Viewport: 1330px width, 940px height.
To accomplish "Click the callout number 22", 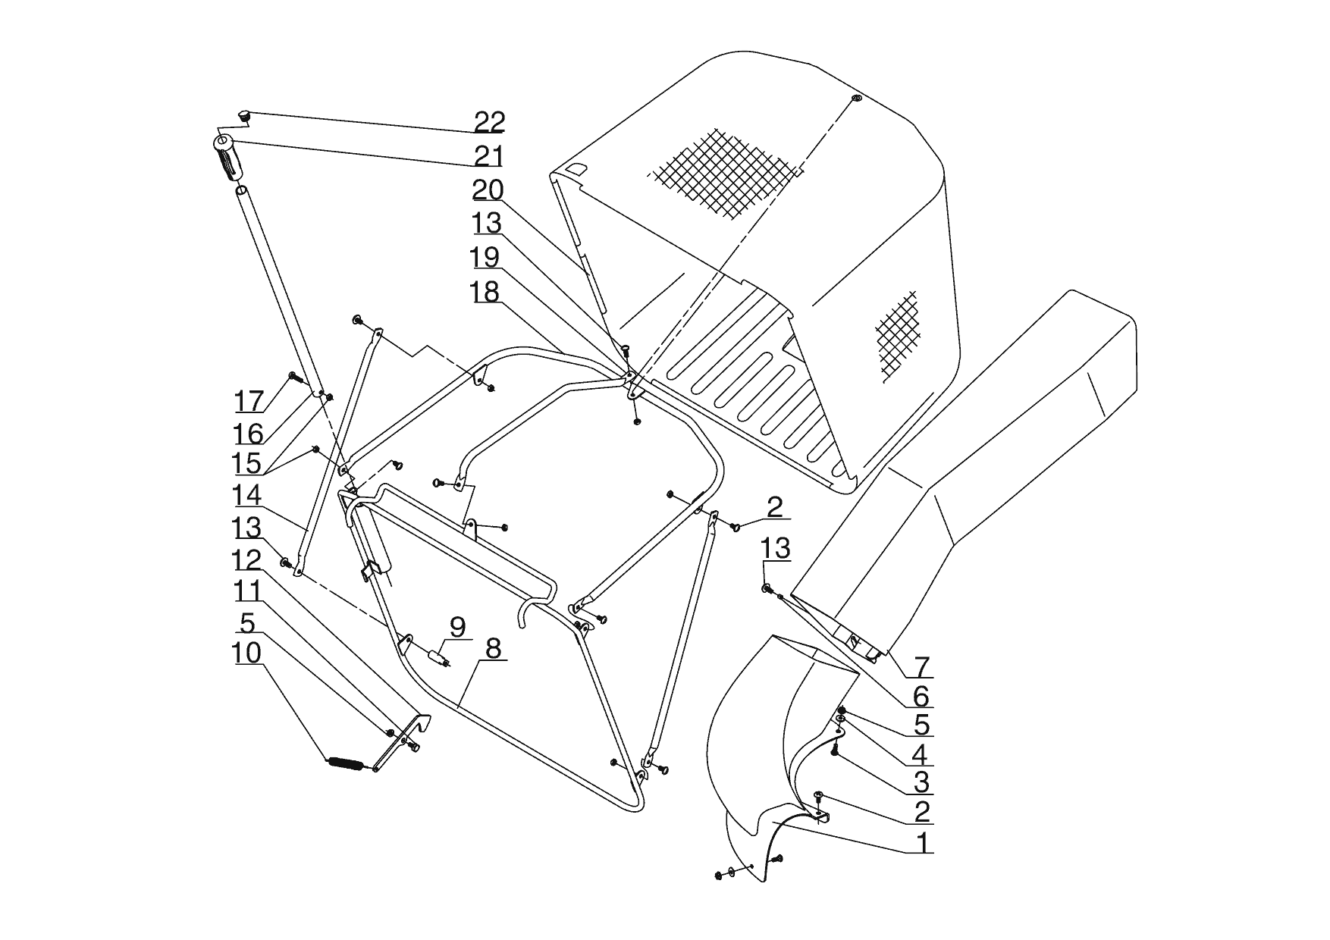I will click(x=489, y=121).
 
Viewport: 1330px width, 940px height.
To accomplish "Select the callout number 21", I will click(x=489, y=156).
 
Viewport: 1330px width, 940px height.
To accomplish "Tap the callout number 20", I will click(x=488, y=190).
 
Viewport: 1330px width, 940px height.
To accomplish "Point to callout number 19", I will click(x=485, y=257).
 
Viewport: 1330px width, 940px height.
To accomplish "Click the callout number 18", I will click(x=485, y=291).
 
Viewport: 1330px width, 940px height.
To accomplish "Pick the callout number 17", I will click(x=248, y=400).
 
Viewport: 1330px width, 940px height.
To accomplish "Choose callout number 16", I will click(x=248, y=434).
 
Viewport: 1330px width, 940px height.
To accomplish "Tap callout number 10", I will click(x=247, y=653).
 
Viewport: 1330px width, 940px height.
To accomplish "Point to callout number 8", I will click(x=493, y=649).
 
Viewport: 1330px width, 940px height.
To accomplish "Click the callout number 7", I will click(x=921, y=666).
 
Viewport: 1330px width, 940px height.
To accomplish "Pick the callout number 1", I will click(x=922, y=842).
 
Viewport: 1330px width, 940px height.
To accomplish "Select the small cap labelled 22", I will click(x=244, y=116).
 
